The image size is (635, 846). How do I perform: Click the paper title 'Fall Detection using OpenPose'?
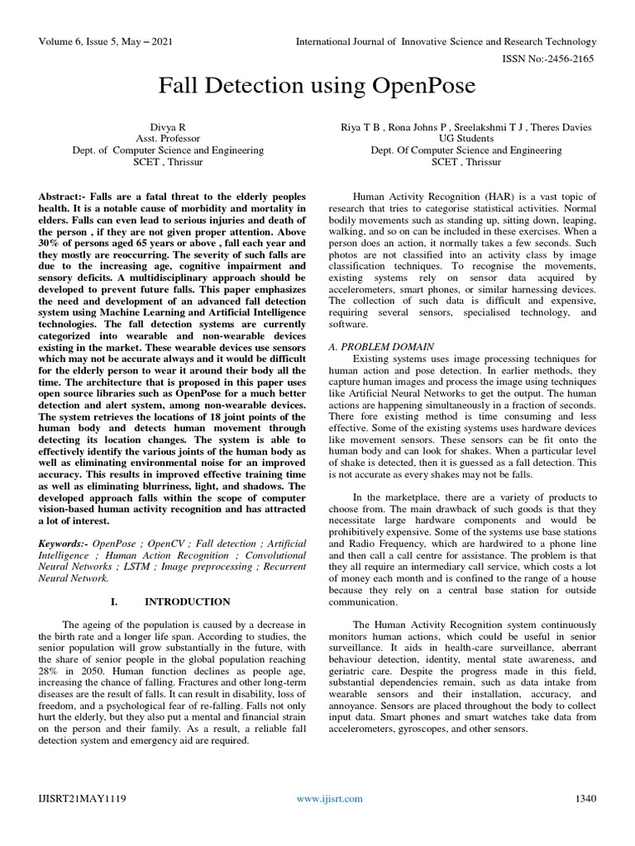317,87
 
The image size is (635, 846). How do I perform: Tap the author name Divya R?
174,126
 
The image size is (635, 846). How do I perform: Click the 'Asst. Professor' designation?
174,138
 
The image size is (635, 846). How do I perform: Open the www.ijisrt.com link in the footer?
329,798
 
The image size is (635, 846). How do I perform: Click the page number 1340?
585,798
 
